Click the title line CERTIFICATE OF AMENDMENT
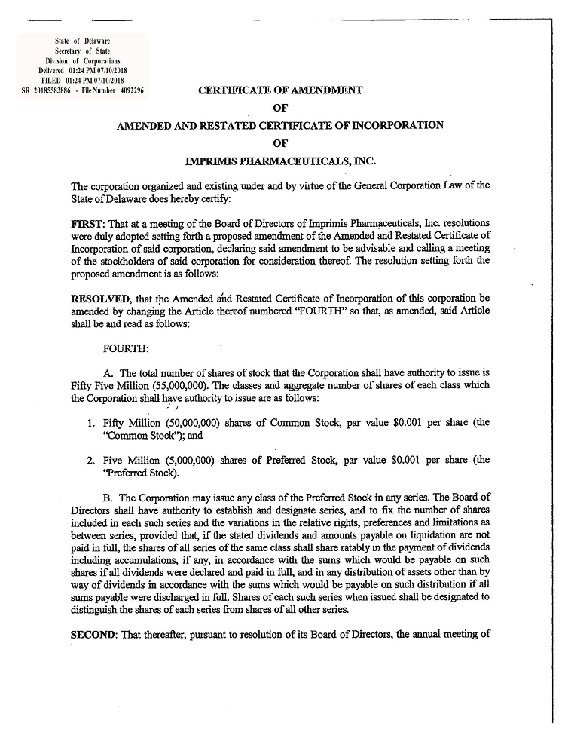pyautogui.click(x=280, y=90)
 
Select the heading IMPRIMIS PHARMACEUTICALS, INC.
pyautogui.click(x=280, y=161)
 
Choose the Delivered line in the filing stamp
pyautogui.click(x=84, y=70)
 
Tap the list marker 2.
pyautogui.click(x=90, y=459)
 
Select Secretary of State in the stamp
pyautogui.click(x=83, y=50)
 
